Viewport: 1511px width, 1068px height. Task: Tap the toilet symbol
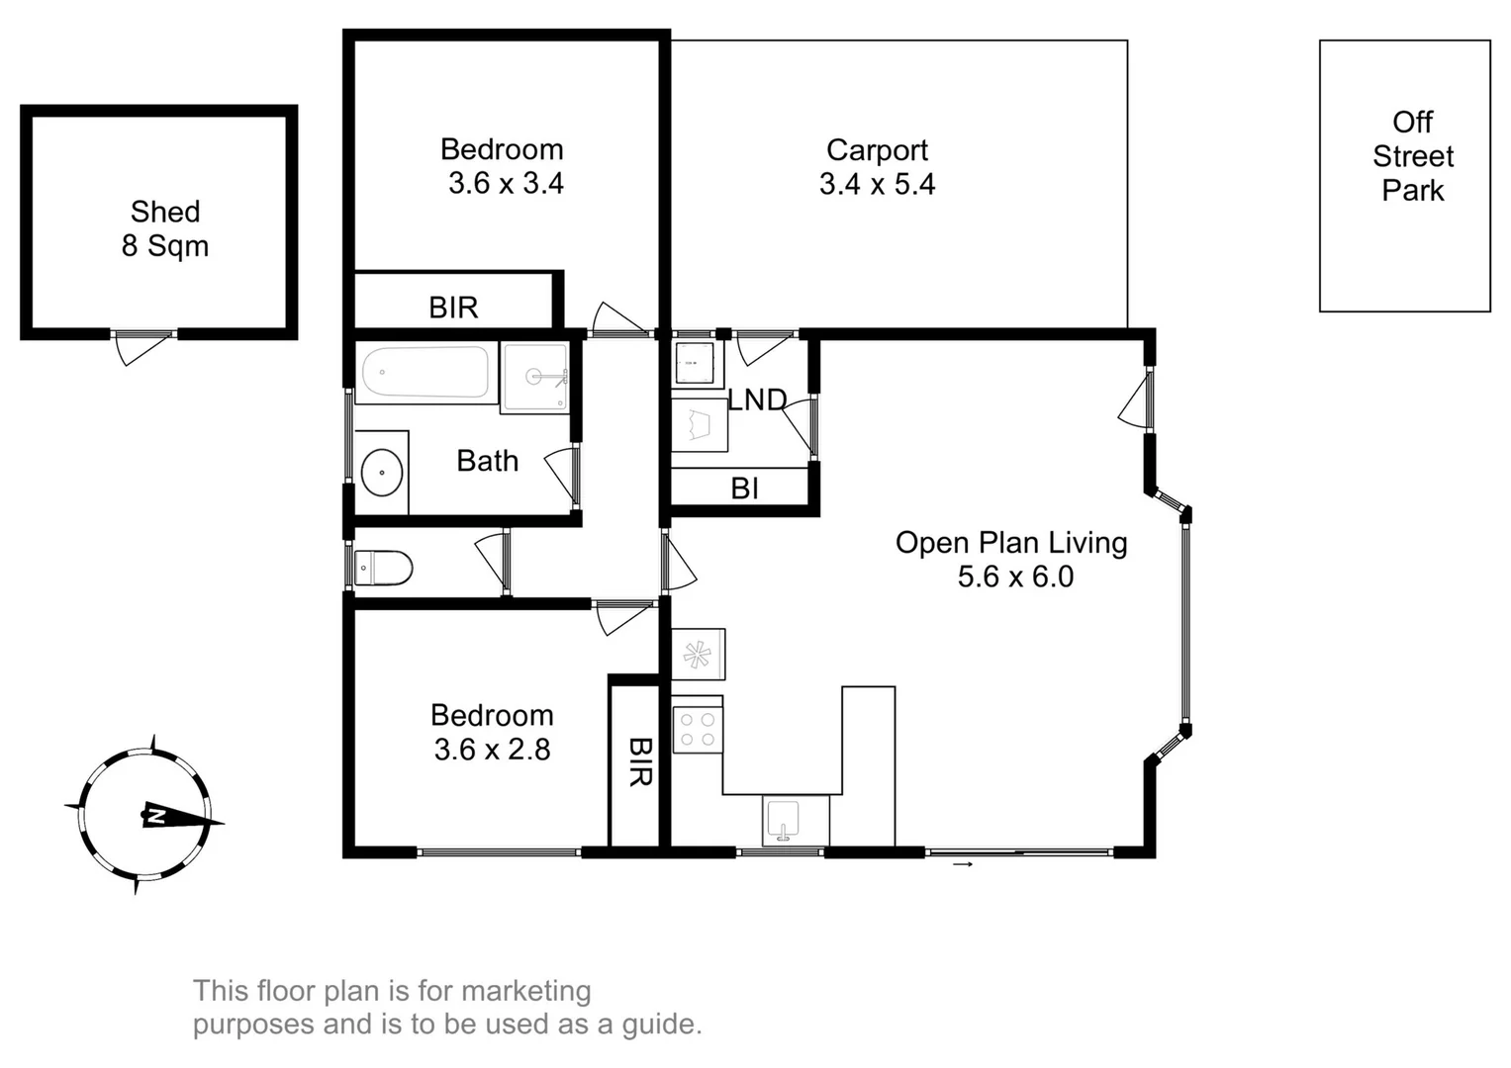click(384, 569)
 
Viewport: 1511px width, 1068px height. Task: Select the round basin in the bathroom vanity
click(382, 473)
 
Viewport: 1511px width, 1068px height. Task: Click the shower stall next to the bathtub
click(534, 377)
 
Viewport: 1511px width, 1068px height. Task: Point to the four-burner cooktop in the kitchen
click(697, 730)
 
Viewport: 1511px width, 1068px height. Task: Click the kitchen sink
click(784, 819)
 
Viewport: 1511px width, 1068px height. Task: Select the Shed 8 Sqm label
click(165, 228)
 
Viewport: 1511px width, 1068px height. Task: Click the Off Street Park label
click(1412, 156)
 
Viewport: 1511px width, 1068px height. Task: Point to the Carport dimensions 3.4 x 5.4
click(877, 184)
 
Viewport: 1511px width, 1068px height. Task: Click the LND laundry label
click(757, 400)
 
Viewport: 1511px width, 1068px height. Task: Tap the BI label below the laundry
click(744, 488)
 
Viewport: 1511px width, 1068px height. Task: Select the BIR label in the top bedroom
click(453, 308)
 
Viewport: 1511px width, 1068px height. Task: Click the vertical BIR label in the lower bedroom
click(639, 761)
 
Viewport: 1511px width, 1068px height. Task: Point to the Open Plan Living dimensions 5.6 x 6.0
click(1015, 577)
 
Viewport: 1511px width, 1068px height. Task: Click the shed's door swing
click(135, 347)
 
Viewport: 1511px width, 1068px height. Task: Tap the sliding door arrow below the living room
click(963, 865)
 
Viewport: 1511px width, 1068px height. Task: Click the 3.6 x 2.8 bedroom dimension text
click(492, 750)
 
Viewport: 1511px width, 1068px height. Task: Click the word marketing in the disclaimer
click(525, 990)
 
